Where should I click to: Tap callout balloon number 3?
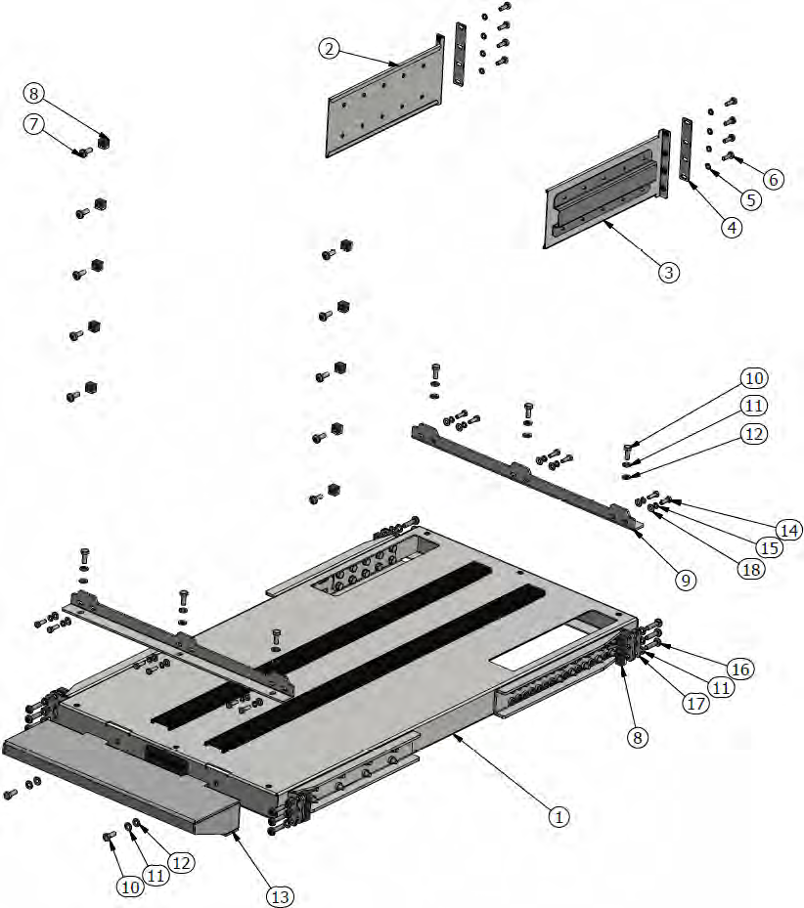[668, 272]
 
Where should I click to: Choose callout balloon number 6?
[773, 180]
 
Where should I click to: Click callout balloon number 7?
[35, 124]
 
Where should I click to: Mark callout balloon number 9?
[686, 580]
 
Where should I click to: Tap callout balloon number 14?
[789, 530]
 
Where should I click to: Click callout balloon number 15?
[771, 548]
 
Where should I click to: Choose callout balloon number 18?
[751, 569]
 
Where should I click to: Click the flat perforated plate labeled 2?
[381, 108]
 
